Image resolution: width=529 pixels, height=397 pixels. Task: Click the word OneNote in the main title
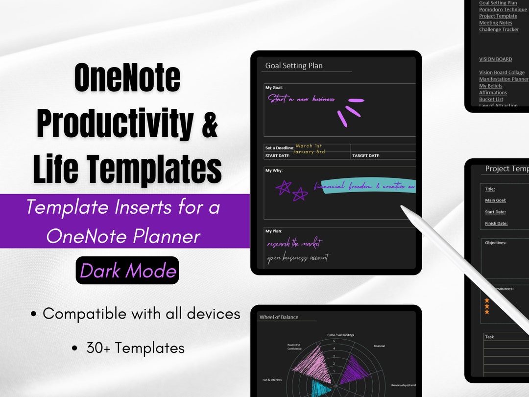point(127,78)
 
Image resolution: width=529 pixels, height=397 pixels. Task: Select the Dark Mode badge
point(127,270)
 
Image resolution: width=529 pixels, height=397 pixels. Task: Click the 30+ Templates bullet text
point(135,348)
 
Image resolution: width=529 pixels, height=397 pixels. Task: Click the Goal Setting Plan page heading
point(294,66)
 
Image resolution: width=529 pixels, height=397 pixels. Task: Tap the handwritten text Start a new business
point(301,99)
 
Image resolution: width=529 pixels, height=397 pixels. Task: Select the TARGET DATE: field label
point(366,156)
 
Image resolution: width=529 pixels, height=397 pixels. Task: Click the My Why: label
point(274,171)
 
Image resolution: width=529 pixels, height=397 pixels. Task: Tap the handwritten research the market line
point(294,244)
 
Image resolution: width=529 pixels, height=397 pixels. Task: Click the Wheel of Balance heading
point(279,317)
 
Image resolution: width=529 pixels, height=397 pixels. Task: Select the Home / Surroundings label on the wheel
point(340,335)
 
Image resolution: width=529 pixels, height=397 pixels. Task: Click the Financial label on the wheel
point(379,346)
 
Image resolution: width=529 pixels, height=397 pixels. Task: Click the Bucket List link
point(491,99)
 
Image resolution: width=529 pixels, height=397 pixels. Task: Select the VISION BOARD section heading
point(495,59)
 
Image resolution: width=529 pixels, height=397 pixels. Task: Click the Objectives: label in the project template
point(495,243)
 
